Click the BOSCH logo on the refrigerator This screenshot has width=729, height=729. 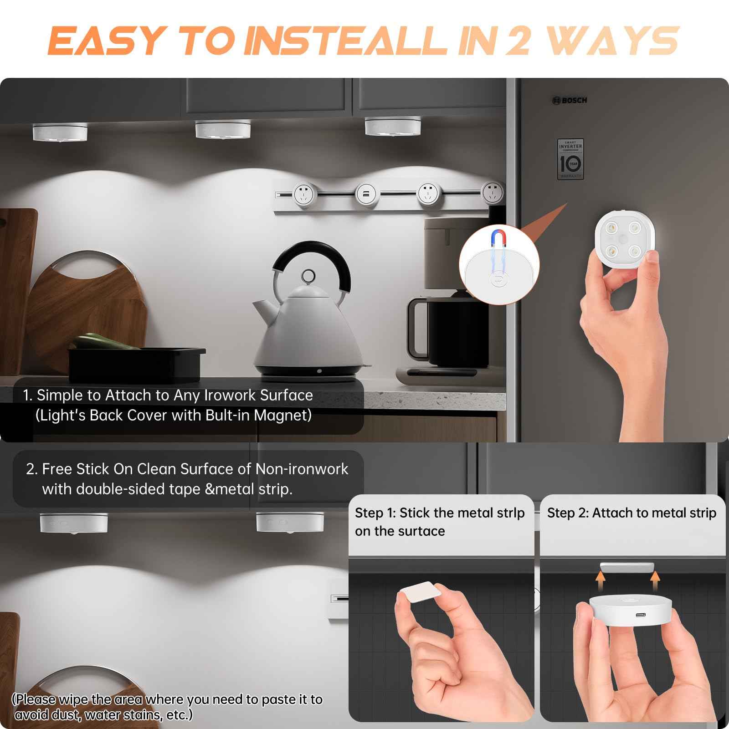tap(570, 100)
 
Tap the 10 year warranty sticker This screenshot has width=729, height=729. tap(570, 159)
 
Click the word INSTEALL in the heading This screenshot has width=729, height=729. tap(348, 41)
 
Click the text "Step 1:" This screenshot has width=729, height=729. tap(375, 513)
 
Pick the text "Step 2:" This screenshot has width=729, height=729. tap(567, 513)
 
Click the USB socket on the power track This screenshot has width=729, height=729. tap(365, 193)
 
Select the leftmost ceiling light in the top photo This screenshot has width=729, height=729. tap(60, 133)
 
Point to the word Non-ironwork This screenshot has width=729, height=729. tap(302, 469)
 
